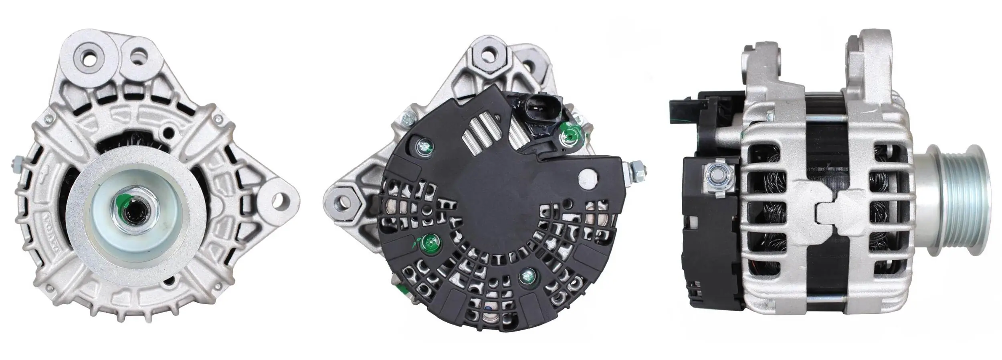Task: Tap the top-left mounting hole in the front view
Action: click(89, 59)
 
